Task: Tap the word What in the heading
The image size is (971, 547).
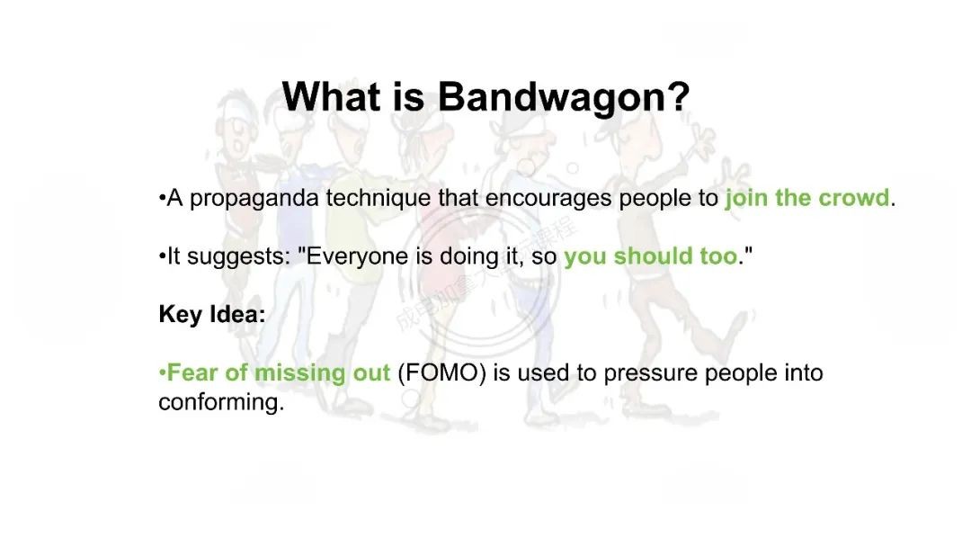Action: coord(331,96)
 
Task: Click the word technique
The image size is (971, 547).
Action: coord(379,198)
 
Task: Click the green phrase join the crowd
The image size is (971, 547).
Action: coord(807,198)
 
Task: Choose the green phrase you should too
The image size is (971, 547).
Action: coord(651,256)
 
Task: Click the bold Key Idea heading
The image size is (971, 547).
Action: coord(212,314)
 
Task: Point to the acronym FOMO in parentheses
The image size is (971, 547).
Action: coord(441,373)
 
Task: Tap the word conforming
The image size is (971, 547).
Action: coord(221,403)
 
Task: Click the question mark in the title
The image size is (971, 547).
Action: coord(680,96)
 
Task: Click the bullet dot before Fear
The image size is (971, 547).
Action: coord(162,373)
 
